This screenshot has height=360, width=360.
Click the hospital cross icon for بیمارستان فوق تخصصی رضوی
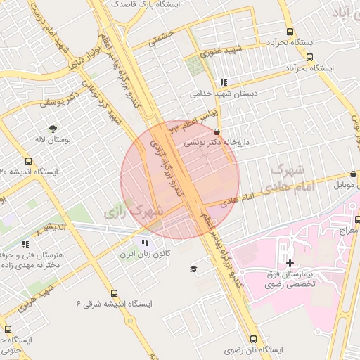[289, 262]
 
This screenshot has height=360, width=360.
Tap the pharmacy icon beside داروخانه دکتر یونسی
[216, 131]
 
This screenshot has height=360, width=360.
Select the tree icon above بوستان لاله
[53, 128]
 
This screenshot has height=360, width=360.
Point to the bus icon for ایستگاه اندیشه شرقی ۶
[115, 294]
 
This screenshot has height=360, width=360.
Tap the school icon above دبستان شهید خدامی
[224, 82]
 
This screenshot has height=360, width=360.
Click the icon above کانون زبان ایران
[145, 243]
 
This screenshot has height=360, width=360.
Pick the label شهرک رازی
[133, 210]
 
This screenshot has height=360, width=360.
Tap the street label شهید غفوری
[219, 51]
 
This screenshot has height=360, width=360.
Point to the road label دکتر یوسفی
[57, 103]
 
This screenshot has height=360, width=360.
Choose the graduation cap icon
[193, 269]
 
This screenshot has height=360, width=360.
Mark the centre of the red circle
[180, 179]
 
